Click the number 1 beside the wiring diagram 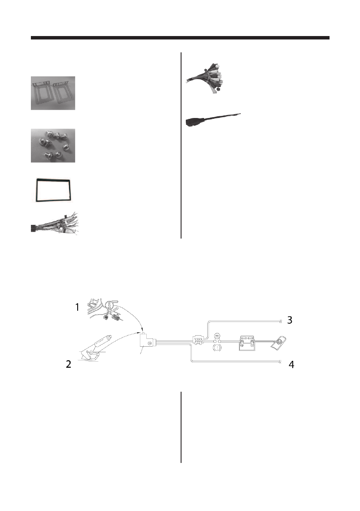pos(77,307)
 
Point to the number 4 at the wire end pos(291,365)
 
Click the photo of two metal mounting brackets pos(53,93)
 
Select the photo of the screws pos(53,145)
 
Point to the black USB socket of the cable pos(193,123)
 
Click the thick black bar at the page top pos(180,38)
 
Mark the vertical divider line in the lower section pos(181,427)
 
